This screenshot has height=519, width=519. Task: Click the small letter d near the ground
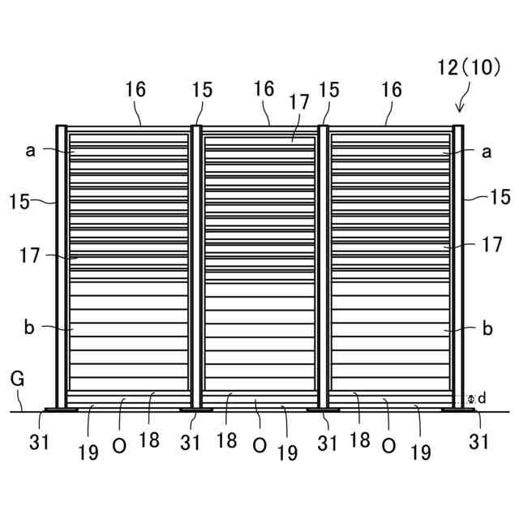482,398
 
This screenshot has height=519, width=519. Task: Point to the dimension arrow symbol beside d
471,399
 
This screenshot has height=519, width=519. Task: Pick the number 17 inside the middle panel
298,103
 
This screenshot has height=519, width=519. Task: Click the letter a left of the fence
30,150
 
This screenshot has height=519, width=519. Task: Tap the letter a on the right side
487,151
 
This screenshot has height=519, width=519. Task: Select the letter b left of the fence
30,328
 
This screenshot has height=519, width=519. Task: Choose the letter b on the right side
487,328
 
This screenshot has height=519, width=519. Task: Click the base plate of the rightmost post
458,410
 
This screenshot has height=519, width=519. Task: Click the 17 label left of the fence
30,255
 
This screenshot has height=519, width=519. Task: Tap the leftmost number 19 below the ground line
88,453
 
